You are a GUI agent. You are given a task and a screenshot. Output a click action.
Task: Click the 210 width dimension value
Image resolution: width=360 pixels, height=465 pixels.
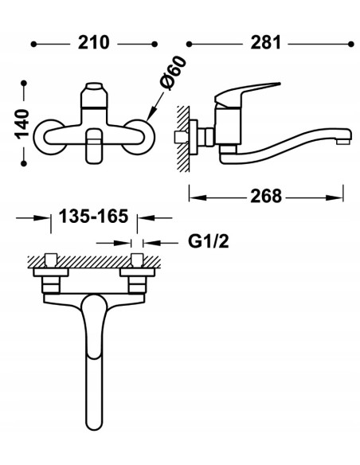(x=94, y=43)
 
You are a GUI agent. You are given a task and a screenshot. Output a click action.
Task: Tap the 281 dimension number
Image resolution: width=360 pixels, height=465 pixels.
(x=265, y=43)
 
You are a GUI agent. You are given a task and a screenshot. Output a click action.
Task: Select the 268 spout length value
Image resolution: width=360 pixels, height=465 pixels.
(x=266, y=197)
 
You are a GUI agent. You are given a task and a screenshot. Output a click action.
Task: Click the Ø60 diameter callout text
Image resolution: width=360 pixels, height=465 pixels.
(x=173, y=73)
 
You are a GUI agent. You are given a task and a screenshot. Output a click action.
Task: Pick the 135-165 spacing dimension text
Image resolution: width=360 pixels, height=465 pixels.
(x=93, y=216)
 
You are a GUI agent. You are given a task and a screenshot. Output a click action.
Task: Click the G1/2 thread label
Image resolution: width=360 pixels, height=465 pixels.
(x=209, y=241)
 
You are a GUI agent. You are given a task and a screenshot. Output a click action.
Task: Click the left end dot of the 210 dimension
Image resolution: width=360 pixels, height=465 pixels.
(x=33, y=44)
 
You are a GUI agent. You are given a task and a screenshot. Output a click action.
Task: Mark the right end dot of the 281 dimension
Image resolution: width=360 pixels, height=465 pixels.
(x=350, y=44)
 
